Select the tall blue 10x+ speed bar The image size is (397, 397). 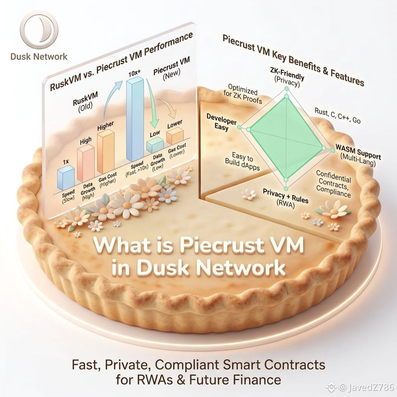(x=135, y=118)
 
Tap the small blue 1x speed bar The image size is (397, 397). (x=66, y=178)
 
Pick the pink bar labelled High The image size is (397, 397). (x=86, y=163)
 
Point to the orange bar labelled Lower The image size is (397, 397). (x=175, y=136)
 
